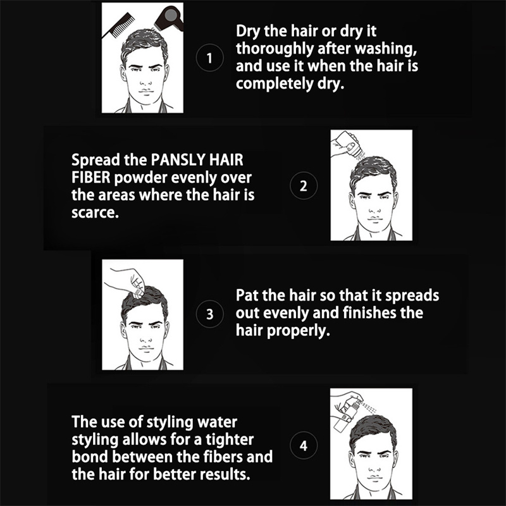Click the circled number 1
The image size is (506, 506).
pos(210,58)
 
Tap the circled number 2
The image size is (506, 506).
pos(304,186)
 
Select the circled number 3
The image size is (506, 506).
pos(210,314)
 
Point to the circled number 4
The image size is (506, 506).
pos(304,446)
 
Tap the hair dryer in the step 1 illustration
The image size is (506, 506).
pos(169,19)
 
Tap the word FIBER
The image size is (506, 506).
pos(91,178)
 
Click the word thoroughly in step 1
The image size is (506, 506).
pos(275,49)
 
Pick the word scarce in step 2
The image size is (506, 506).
pos(96,213)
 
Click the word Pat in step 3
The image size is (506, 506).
pos(247,295)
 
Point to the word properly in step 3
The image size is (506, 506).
pos(298,331)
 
